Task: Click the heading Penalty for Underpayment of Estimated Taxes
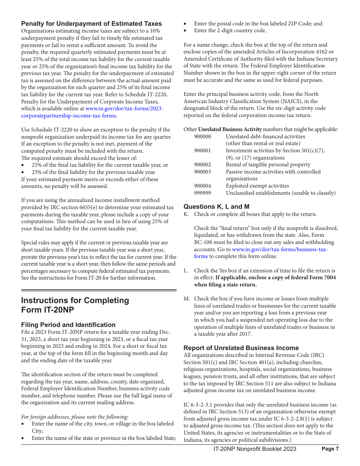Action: [x=91, y=23]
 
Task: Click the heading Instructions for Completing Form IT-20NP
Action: [x=75, y=305]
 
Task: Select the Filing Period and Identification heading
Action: [x=68, y=325]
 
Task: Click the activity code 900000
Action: [x=202, y=136]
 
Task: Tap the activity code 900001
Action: [x=202, y=150]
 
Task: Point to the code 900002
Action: [x=202, y=164]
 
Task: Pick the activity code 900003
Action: [x=202, y=172]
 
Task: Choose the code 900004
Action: [x=202, y=186]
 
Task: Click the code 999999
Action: [x=202, y=193]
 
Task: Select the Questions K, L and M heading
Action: [x=216, y=206]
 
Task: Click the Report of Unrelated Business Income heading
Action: [x=241, y=348]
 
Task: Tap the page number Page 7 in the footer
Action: [x=330, y=449]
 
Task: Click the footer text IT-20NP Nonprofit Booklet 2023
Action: [x=255, y=449]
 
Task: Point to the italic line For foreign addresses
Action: [x=75, y=417]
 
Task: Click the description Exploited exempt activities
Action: [x=257, y=186]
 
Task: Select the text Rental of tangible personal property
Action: [x=268, y=164]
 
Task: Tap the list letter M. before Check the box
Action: [x=187, y=299]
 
